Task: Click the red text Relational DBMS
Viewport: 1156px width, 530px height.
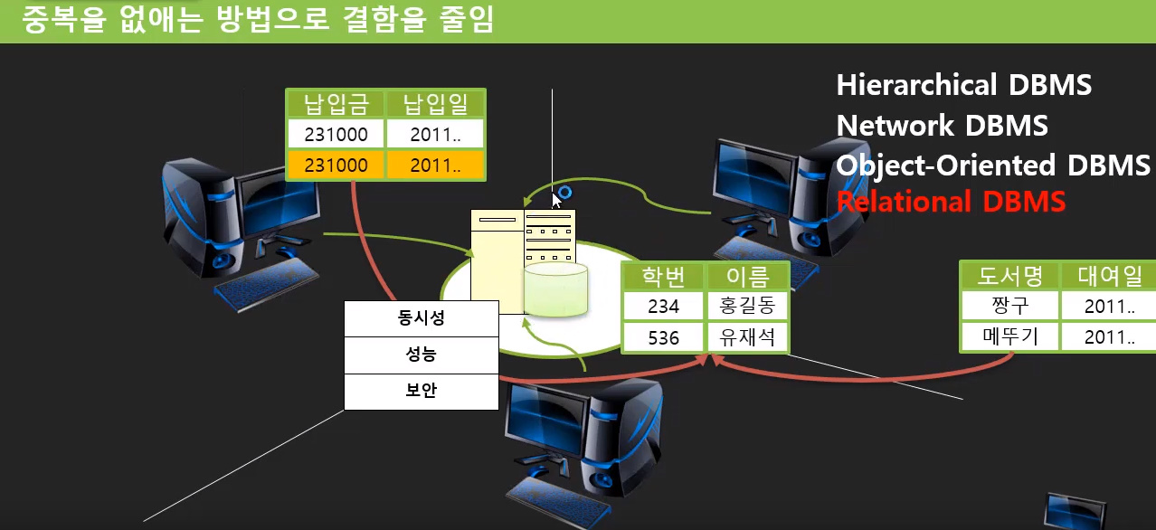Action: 951,202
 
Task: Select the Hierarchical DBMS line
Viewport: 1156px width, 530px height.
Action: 964,85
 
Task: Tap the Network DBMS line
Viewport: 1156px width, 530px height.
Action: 942,126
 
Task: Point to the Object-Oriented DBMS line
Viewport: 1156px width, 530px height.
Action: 993,166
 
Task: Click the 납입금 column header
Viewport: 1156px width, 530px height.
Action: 336,104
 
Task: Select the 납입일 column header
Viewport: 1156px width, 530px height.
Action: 435,104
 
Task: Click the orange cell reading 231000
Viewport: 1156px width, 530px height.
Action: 336,166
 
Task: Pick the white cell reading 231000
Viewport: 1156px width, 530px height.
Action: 336,134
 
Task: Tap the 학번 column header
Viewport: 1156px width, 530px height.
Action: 663,277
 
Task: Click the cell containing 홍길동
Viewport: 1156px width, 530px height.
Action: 747,306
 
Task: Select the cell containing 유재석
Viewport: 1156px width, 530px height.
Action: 747,337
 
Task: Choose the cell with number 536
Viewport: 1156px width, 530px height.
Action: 663,337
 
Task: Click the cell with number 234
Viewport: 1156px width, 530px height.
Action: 663,306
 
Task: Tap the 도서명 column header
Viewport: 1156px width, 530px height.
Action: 1010,276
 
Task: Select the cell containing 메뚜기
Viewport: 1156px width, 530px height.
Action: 1010,337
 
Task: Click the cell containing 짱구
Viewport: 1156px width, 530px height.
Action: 1010,306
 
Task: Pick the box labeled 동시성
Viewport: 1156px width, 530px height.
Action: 422,318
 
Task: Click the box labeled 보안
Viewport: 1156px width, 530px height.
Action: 422,392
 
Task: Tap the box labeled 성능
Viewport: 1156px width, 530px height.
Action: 422,355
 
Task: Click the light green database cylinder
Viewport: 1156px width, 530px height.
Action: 555,289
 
